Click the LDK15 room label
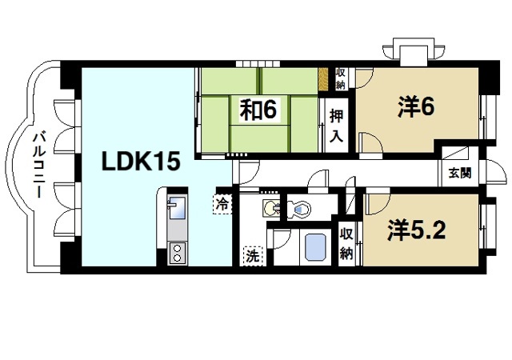click(x=140, y=160)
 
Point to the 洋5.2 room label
click(x=417, y=230)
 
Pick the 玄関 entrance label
click(x=459, y=172)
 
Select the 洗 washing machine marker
click(x=252, y=257)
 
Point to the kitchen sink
click(x=176, y=209)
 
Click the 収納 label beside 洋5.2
click(x=346, y=243)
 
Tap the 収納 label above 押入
click(x=340, y=78)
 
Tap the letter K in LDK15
click(x=141, y=160)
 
